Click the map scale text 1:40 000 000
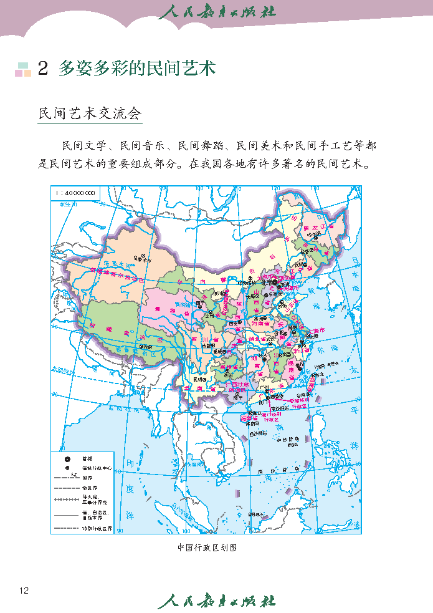75,193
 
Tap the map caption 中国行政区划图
207,548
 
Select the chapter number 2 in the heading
42,69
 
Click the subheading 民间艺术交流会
90,113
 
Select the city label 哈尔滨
320,233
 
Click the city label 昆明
198,379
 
